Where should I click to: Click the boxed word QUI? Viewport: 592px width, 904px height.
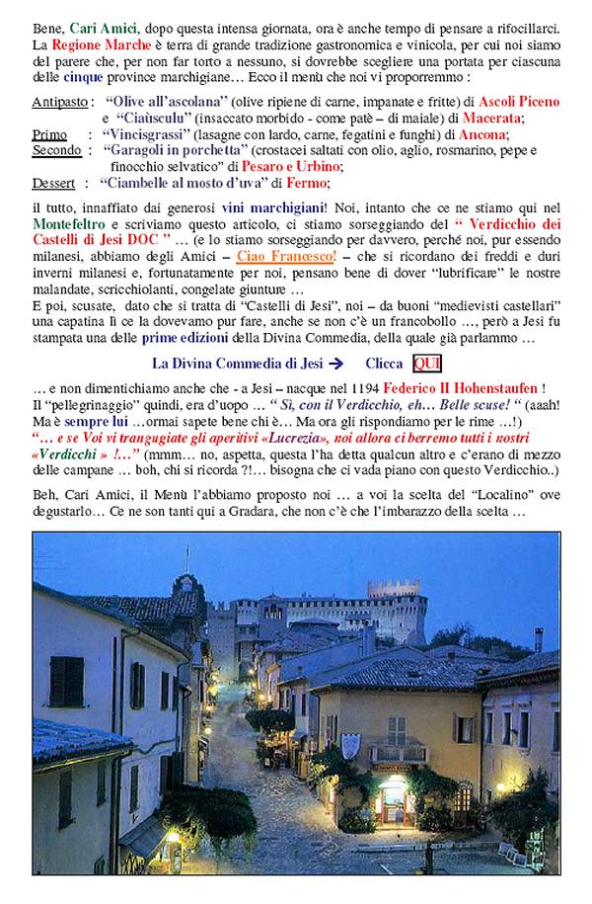426,363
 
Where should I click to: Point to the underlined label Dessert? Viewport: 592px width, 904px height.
53,183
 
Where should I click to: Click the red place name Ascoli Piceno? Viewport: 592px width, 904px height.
518,102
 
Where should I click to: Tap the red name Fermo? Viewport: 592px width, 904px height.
307,183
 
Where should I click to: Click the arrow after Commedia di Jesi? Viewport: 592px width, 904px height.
335,364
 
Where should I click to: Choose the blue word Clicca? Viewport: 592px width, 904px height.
383,364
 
